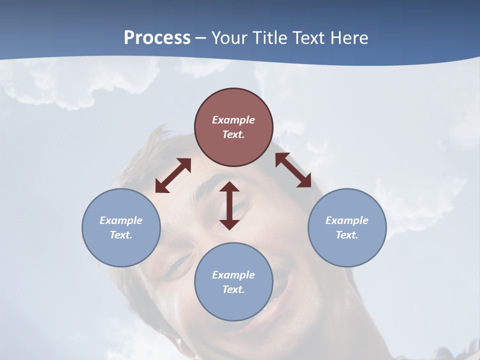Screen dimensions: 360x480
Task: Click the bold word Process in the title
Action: (157, 38)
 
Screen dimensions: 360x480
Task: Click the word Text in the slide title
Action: (309, 38)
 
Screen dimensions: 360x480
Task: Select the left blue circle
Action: (121, 227)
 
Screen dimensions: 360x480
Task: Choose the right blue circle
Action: (347, 227)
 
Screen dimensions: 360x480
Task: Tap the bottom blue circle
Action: (233, 282)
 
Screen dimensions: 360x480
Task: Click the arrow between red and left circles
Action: (173, 175)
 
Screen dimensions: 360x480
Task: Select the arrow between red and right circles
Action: (293, 170)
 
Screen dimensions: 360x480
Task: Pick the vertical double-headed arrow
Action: (229, 205)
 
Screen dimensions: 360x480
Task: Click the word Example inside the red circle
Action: (233, 120)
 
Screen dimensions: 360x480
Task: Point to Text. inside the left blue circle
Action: (121, 235)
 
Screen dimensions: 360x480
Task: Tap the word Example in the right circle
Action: (347, 220)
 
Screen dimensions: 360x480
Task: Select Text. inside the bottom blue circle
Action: (233, 289)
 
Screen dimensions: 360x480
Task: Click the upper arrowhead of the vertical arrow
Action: (229, 187)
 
